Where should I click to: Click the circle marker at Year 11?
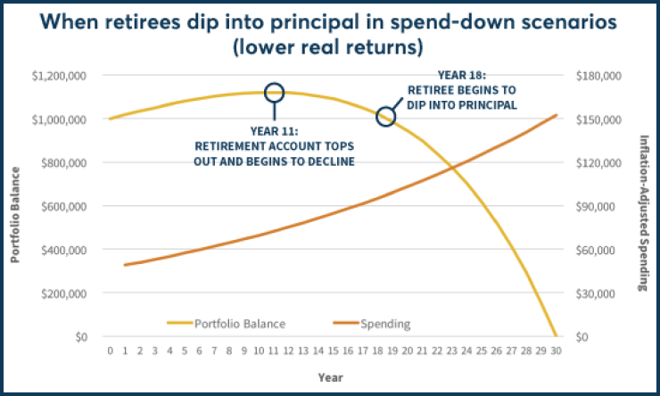[275, 92]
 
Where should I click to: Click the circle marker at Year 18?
[385, 116]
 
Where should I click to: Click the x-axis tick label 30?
[556, 352]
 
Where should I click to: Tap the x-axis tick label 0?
[111, 352]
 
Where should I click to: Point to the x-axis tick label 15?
[334, 352]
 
